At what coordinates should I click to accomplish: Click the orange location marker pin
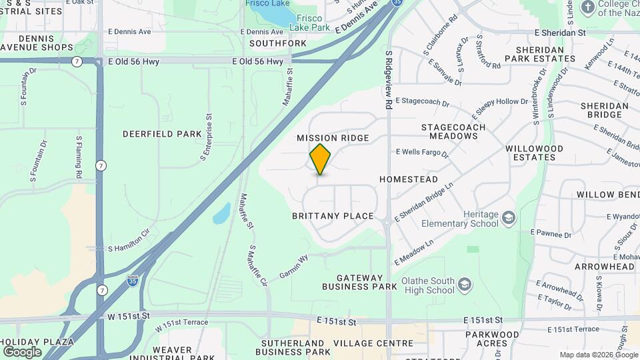pos(321,159)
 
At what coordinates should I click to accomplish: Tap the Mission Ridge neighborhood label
pos(333,138)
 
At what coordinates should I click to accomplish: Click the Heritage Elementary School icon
pos(509,218)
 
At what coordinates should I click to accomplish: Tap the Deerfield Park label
pos(162,134)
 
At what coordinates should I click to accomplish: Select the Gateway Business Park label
pos(359,282)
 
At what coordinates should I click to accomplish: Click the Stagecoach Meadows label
pos(453,131)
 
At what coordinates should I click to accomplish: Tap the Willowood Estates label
pos(534,153)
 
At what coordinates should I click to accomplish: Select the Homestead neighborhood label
pos(409,179)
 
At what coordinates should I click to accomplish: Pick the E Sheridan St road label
pos(560,32)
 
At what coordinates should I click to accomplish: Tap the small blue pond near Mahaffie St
pos(221,215)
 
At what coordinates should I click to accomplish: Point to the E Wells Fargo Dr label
pos(422,153)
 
